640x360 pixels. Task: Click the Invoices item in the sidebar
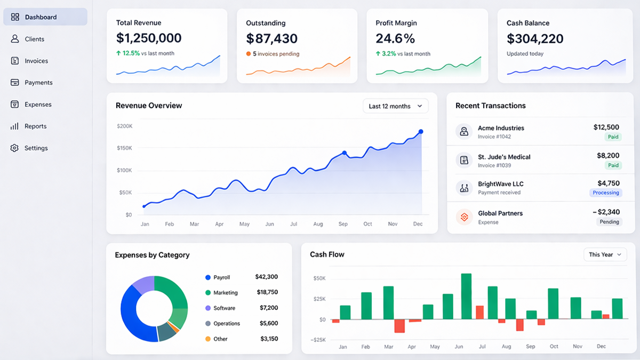(x=36, y=61)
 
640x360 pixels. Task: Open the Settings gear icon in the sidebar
(x=14, y=148)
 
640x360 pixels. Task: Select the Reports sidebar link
(x=35, y=126)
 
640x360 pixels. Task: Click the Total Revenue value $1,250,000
(x=149, y=38)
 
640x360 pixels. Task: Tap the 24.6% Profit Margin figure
(x=395, y=38)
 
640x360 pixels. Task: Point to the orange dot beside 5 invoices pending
(x=249, y=54)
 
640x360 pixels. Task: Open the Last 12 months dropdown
(x=395, y=106)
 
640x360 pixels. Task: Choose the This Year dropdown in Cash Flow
(x=605, y=255)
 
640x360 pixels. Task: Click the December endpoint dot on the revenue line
(x=421, y=132)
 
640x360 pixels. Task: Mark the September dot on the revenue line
(x=345, y=153)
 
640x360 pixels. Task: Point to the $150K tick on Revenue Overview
(x=124, y=148)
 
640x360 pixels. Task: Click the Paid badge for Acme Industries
(x=613, y=137)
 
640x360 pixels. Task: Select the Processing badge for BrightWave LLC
(x=606, y=193)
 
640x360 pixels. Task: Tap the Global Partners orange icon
(x=464, y=217)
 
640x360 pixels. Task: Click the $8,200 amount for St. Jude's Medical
(x=608, y=156)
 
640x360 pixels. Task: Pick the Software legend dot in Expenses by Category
(x=208, y=308)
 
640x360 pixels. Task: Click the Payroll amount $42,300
(x=266, y=277)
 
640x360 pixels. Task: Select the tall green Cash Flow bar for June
(x=466, y=297)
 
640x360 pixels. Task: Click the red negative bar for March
(x=399, y=326)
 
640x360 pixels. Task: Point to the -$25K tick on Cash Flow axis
(x=319, y=340)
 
